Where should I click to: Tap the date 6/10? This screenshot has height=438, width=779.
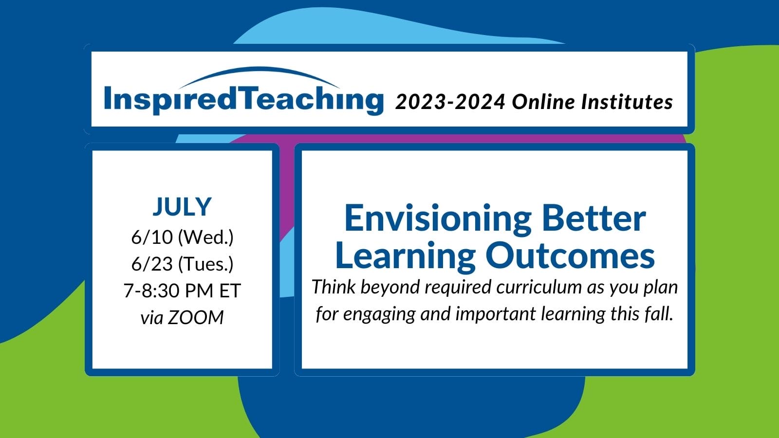pos(152,237)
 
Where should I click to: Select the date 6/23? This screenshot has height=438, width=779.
pos(152,264)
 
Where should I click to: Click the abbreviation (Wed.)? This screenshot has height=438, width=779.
pos(205,238)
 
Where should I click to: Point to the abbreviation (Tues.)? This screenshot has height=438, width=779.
pos(205,265)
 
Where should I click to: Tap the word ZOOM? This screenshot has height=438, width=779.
pos(195,318)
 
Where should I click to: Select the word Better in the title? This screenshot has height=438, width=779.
pos(594,219)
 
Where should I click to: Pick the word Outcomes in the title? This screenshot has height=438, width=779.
pos(570,256)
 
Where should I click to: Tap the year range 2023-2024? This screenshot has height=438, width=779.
pos(450,102)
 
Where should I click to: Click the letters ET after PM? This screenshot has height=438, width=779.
pos(230,291)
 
